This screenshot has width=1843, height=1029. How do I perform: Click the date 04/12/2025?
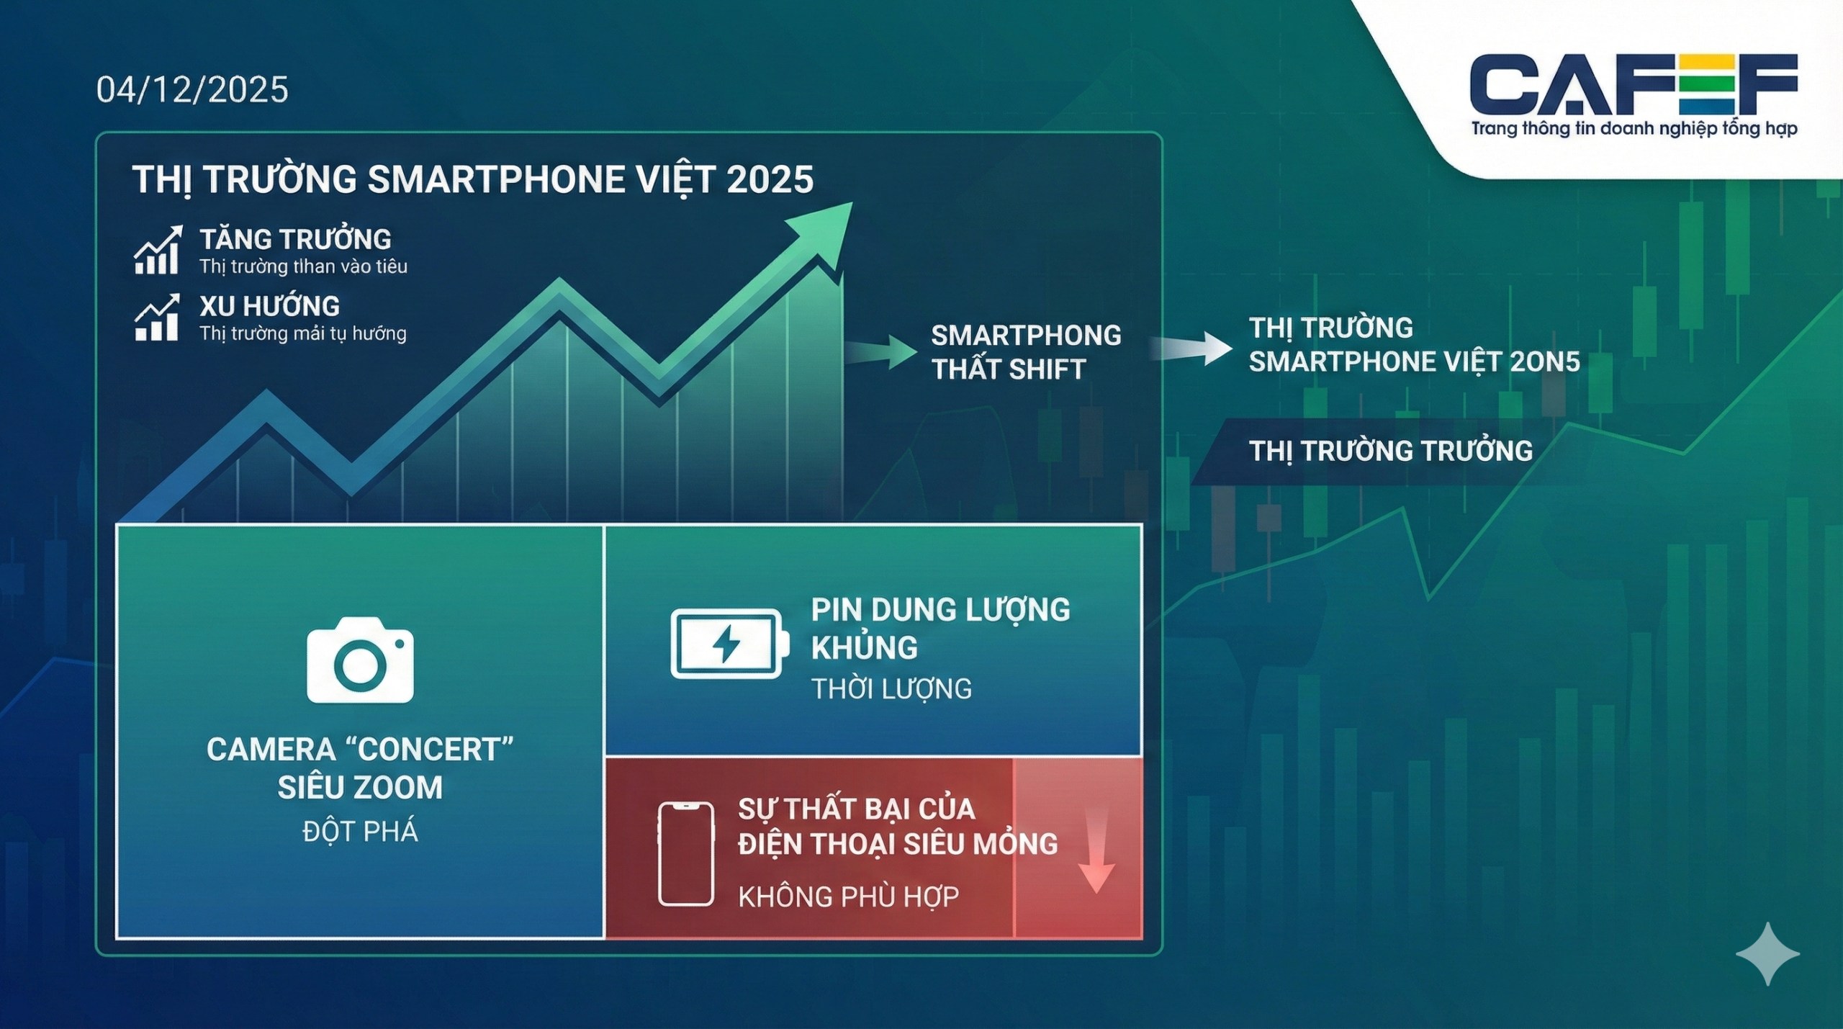192,90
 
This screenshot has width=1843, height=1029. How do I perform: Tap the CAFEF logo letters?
1634,84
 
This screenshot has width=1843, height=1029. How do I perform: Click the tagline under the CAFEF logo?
1634,130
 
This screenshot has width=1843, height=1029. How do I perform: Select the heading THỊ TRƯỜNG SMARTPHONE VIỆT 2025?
473,179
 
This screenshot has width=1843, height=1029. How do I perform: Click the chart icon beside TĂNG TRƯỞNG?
158,250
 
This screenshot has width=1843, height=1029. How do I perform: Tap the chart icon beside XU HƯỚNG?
157,317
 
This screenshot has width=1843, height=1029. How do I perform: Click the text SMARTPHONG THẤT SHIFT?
1026,352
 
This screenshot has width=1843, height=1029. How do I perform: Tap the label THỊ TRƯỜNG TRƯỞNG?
1390,451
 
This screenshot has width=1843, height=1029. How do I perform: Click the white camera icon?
360,660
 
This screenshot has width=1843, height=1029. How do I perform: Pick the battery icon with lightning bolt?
729,644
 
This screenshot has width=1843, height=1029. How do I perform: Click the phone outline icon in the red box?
686,853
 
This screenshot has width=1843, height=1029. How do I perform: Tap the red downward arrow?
1096,850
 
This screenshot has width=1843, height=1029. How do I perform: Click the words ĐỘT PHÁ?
360,832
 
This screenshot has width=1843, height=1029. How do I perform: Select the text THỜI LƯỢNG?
891,689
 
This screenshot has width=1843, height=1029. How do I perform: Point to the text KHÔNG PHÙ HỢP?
848,897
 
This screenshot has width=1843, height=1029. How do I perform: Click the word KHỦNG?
864,647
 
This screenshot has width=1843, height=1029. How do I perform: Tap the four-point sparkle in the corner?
1767,953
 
